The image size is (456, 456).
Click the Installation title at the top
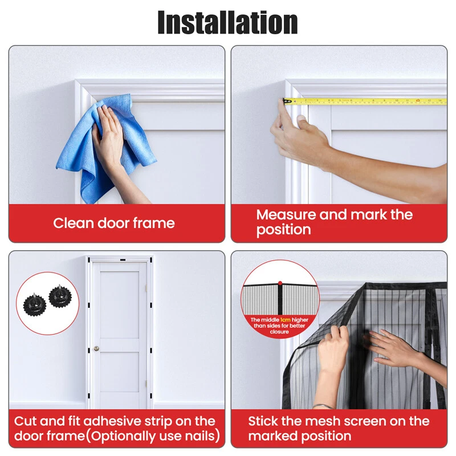pyautogui.click(x=227, y=22)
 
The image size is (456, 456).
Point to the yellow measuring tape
pyautogui.click(x=365, y=101)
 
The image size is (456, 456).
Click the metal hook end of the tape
pyautogui.click(x=287, y=101)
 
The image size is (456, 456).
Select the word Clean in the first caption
pyautogui.click(x=74, y=223)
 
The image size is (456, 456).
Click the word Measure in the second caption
pyautogui.click(x=286, y=215)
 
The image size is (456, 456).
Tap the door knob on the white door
pyautogui.click(x=96, y=348)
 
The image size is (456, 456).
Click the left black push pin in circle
pyautogui.click(x=35, y=305)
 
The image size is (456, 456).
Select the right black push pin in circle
pyautogui.click(x=60, y=296)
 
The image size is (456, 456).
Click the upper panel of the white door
pyautogui.click(x=120, y=304)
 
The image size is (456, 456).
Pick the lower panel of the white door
pyautogui.click(x=120, y=372)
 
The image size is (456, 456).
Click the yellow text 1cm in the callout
pyautogui.click(x=286, y=320)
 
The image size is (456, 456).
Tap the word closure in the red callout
pyautogui.click(x=279, y=332)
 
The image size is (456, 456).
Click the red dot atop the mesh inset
pyautogui.click(x=280, y=283)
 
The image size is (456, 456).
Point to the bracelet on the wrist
pyautogui.click(x=322, y=406)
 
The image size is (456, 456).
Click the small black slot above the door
pyautogui.click(x=123, y=260)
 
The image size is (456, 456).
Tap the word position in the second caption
pyautogui.click(x=283, y=230)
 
